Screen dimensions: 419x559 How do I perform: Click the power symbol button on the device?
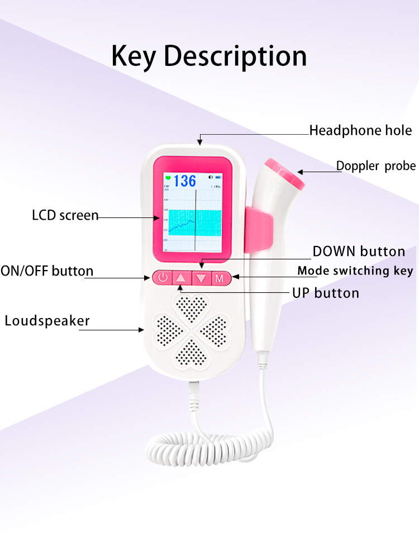[162, 277]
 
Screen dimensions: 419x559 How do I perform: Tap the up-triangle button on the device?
[180, 277]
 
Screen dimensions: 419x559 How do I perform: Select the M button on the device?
[220, 277]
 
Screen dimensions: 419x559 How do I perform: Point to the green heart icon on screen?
[168, 179]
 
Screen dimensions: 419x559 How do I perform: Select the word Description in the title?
[235, 57]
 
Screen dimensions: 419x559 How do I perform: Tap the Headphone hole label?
[360, 131]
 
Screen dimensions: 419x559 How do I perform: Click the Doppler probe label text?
[375, 165]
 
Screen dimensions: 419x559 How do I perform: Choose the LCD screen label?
[65, 215]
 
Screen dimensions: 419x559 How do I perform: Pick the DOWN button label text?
[359, 252]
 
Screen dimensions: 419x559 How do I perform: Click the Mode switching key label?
[355, 271]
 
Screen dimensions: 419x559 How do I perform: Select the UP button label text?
[326, 293]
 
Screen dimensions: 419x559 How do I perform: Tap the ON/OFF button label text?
[47, 272]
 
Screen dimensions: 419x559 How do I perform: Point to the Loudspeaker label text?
[47, 321]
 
